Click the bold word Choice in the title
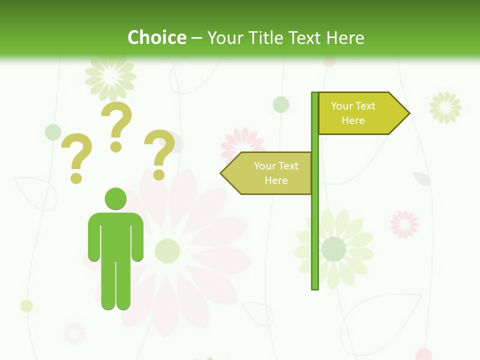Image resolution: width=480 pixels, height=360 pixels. [156, 37]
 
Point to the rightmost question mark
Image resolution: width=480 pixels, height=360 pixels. [159, 154]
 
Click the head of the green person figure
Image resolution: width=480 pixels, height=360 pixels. [115, 198]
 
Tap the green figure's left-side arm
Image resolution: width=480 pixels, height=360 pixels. [93, 237]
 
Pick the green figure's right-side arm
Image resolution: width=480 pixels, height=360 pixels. [137, 237]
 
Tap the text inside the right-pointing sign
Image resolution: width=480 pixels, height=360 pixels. [353, 113]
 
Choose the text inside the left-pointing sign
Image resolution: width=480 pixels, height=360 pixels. [275, 173]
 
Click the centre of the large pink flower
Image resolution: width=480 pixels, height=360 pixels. [167, 250]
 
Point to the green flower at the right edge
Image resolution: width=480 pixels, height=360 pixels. [445, 107]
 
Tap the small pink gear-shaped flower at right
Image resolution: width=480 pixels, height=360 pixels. [404, 224]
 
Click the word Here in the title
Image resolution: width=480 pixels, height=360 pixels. [345, 37]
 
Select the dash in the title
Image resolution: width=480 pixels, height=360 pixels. [196, 38]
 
